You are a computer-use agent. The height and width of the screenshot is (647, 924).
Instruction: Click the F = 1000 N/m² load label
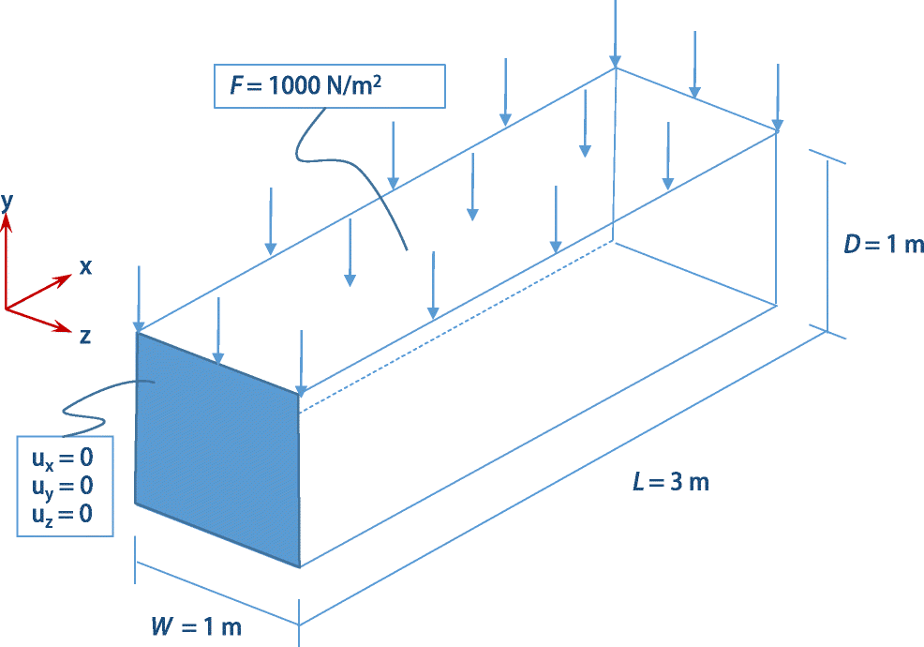point(309,86)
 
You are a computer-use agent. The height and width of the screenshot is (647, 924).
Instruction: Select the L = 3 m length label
point(670,483)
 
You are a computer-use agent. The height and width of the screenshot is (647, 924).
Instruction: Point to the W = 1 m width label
point(196,626)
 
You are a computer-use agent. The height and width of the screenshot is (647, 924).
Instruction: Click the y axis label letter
point(7,199)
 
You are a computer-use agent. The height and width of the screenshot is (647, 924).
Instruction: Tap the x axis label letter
point(85,266)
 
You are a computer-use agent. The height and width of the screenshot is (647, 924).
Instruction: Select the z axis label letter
point(85,336)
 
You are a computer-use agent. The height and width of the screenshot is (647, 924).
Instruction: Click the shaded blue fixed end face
point(217,450)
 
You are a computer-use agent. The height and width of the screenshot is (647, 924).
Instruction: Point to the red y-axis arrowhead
point(7,220)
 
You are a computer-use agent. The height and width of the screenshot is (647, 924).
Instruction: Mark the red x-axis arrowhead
point(65,278)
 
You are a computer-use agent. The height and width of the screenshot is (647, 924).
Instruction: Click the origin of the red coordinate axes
point(7,308)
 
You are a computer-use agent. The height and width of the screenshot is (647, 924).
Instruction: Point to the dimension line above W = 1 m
point(217,594)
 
